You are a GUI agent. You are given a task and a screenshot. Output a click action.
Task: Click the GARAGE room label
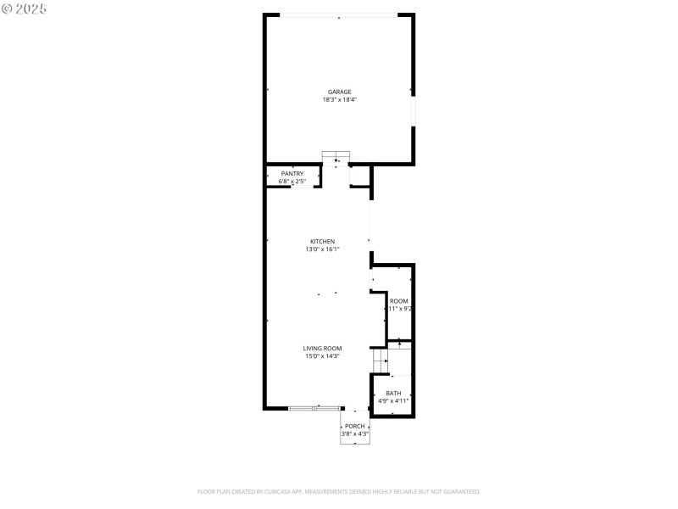(x=339, y=92)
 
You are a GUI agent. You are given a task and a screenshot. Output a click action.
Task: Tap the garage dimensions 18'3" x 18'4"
(x=339, y=99)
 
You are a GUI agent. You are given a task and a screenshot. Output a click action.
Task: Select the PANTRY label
(x=292, y=174)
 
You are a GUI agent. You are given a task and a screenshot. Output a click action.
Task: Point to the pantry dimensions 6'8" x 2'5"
(x=292, y=182)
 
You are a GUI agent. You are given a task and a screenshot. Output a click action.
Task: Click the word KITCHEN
(x=322, y=242)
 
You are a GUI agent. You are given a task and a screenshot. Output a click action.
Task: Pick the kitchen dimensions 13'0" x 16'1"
(x=322, y=249)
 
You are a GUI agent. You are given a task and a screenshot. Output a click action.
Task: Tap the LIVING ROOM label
(x=322, y=349)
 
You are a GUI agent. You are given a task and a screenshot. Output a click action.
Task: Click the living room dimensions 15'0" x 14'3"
(x=322, y=356)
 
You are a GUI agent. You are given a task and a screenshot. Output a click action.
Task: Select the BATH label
(x=393, y=393)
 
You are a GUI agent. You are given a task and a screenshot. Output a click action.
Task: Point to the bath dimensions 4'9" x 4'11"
(x=393, y=400)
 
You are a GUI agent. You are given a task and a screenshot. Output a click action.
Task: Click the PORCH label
(x=355, y=426)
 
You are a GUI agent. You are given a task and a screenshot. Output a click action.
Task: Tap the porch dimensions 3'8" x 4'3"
(x=355, y=433)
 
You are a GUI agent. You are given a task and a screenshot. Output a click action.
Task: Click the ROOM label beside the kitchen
(x=398, y=301)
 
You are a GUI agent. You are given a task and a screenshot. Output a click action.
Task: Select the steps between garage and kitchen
(x=336, y=158)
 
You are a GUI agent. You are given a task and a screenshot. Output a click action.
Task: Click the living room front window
(x=315, y=408)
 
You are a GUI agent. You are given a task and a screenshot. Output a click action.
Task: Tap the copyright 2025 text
(x=25, y=8)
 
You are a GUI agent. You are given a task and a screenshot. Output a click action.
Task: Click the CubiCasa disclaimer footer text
(x=339, y=491)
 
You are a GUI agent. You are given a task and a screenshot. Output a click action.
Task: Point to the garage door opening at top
(x=339, y=15)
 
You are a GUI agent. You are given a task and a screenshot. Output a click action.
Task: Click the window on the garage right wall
(x=413, y=110)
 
